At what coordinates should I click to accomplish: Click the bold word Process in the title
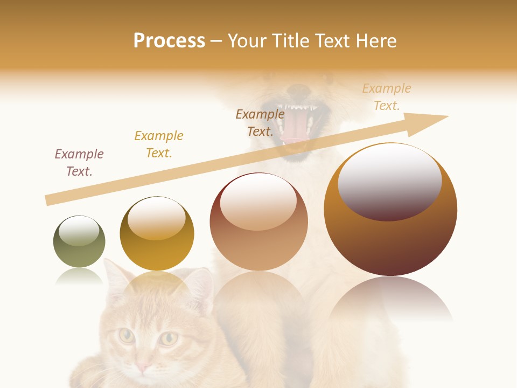[169, 41]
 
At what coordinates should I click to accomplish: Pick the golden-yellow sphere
[157, 234]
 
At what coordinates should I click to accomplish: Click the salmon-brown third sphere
[258, 222]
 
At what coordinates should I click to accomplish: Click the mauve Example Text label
[79, 163]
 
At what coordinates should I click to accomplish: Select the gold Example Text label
[159, 144]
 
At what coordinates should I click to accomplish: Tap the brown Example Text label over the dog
[260, 123]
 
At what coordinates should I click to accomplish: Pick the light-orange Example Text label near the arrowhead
[387, 97]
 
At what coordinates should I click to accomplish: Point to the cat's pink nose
[143, 368]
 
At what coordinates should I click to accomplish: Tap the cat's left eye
[127, 336]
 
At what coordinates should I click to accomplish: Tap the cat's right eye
[169, 338]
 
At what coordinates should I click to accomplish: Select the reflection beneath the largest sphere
[390, 302]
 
